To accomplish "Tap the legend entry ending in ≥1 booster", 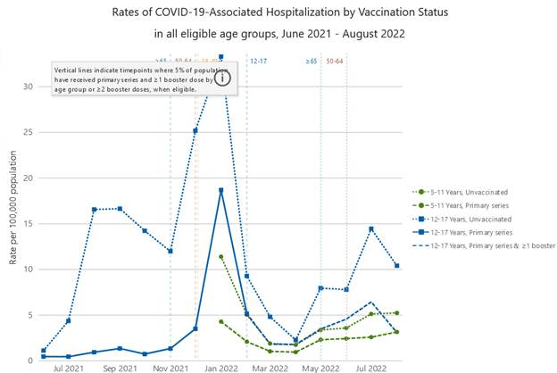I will pos(490,245).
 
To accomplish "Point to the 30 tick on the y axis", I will pos(29,87).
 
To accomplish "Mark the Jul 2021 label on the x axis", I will pos(68,368).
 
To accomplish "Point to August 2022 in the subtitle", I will pos(373,34).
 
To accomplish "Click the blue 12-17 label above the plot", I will pos(259,61).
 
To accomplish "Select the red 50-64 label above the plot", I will pos(335,61).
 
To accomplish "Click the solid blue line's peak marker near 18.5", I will pos(220,190).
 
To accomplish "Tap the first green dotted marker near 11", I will pos(220,256).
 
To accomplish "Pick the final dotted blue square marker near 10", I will pos(396,265).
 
